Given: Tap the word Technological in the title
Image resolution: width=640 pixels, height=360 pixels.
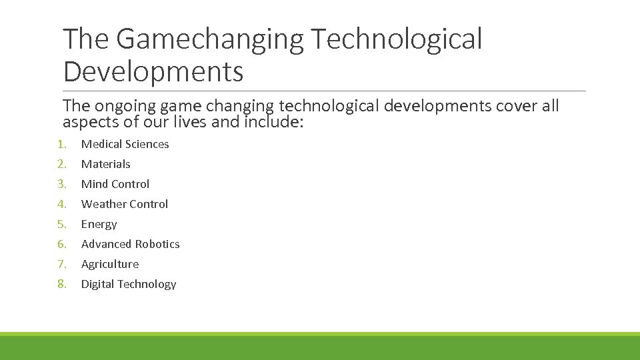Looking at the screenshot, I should pos(396,39).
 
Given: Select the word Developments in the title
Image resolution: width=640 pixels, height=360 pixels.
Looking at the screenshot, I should pos(153,71).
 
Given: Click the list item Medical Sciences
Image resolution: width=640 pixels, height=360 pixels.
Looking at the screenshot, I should pos(125,144).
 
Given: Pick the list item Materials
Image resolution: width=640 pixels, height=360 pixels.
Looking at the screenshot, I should pos(106,164).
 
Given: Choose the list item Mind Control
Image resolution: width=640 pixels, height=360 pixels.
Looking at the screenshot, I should pos(115,184).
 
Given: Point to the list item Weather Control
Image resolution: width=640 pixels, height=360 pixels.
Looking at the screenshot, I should pos(125,204).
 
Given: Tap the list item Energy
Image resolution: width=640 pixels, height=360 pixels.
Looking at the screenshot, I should pos(99,224).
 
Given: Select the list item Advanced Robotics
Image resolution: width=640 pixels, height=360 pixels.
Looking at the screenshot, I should pos(131,244).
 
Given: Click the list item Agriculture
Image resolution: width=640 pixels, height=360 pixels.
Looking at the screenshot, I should pos(110,264).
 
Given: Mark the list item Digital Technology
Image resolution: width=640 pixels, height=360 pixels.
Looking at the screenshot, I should pos(129,284).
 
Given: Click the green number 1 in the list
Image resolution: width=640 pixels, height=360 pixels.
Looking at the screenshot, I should pos(61,144).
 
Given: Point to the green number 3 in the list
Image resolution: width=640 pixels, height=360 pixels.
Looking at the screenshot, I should pos(61,184).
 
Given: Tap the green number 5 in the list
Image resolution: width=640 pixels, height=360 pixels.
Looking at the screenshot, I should pos(61,224).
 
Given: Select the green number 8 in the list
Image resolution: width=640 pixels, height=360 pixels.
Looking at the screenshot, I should pos(61,284).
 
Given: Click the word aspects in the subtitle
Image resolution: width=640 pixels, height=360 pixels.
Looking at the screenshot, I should pos(87,122).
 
